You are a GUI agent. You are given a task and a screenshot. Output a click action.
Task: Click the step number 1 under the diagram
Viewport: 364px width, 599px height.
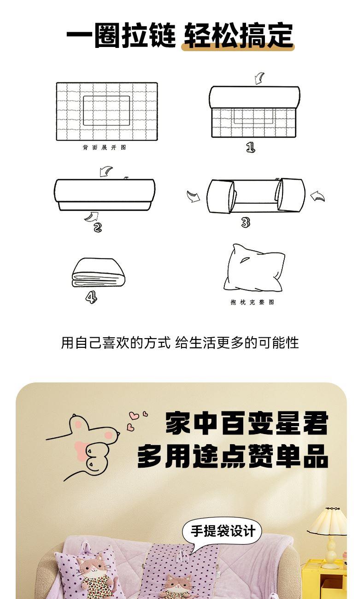[251, 147]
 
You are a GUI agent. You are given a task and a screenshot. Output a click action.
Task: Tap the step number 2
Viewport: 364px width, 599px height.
[98, 227]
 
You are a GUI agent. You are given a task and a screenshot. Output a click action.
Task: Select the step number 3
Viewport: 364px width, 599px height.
[246, 222]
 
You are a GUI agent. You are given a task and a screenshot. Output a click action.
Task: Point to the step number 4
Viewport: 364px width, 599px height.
[91, 297]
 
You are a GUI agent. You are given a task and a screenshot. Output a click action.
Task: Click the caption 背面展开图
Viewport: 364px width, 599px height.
[104, 147]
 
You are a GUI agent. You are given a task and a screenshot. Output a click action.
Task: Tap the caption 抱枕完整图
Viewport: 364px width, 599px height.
[252, 302]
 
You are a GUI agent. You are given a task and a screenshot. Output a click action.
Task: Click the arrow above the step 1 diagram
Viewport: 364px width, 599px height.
[259, 78]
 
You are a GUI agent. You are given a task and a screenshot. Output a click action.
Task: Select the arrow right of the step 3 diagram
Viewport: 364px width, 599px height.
[318, 196]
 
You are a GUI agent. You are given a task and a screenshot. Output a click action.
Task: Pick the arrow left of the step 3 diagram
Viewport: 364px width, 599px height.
[193, 196]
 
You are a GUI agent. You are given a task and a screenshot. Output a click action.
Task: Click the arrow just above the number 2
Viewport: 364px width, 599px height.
[92, 217]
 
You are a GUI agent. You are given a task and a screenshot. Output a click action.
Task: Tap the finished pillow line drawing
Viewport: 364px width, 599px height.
[254, 268]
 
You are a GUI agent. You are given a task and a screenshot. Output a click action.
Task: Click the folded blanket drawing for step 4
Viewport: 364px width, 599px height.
[99, 272]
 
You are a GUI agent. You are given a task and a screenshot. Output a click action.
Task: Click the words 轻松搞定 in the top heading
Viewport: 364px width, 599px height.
[239, 35]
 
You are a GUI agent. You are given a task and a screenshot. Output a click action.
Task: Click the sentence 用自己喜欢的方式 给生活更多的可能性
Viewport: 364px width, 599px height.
[180, 343]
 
